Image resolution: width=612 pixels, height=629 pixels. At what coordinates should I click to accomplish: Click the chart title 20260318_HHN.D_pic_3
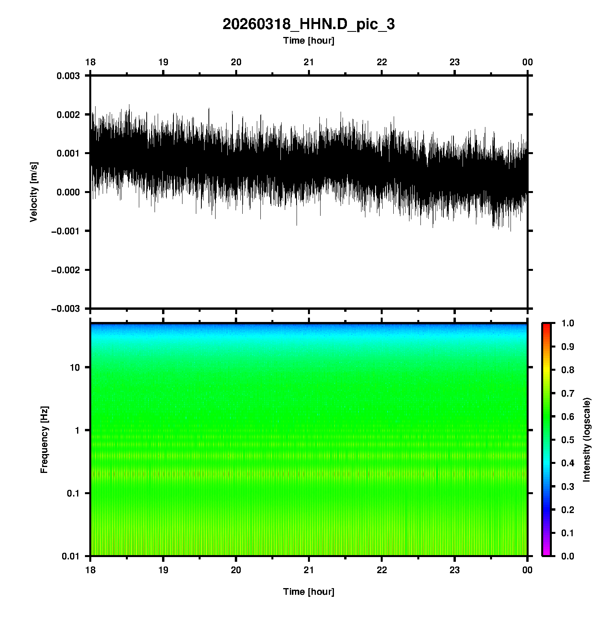(308, 24)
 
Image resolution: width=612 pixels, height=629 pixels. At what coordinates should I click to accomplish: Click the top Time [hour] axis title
(308, 40)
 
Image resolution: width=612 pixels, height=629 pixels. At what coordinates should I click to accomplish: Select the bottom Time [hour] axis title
(308, 592)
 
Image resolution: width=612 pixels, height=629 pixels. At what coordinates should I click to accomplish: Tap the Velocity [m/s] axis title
(34, 192)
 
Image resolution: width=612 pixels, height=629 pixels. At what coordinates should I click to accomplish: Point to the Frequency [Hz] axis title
(44, 440)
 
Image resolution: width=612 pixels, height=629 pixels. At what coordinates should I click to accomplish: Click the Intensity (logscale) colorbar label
(587, 440)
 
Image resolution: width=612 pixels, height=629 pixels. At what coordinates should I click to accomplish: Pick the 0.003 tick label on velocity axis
(68, 76)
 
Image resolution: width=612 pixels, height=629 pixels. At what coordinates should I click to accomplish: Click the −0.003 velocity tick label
(66, 309)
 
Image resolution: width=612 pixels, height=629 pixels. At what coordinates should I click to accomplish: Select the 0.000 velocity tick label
(68, 192)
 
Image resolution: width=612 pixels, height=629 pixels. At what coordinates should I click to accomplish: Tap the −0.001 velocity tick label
(66, 231)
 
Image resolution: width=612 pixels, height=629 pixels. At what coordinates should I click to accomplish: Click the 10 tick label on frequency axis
(74, 368)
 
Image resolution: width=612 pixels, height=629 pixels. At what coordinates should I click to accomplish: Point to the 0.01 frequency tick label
(70, 556)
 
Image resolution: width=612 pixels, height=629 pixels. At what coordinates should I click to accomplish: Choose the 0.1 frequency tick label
(73, 493)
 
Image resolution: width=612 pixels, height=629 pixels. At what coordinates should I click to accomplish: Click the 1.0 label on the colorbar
(568, 323)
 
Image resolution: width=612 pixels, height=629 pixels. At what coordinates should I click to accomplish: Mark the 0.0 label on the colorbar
(568, 556)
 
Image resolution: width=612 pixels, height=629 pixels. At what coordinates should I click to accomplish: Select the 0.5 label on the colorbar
(568, 440)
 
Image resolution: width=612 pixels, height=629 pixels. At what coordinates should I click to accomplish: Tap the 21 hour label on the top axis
(309, 62)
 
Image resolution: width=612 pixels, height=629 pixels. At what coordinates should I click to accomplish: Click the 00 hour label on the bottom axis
(527, 570)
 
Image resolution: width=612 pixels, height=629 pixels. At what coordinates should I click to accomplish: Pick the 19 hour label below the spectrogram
(163, 570)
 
